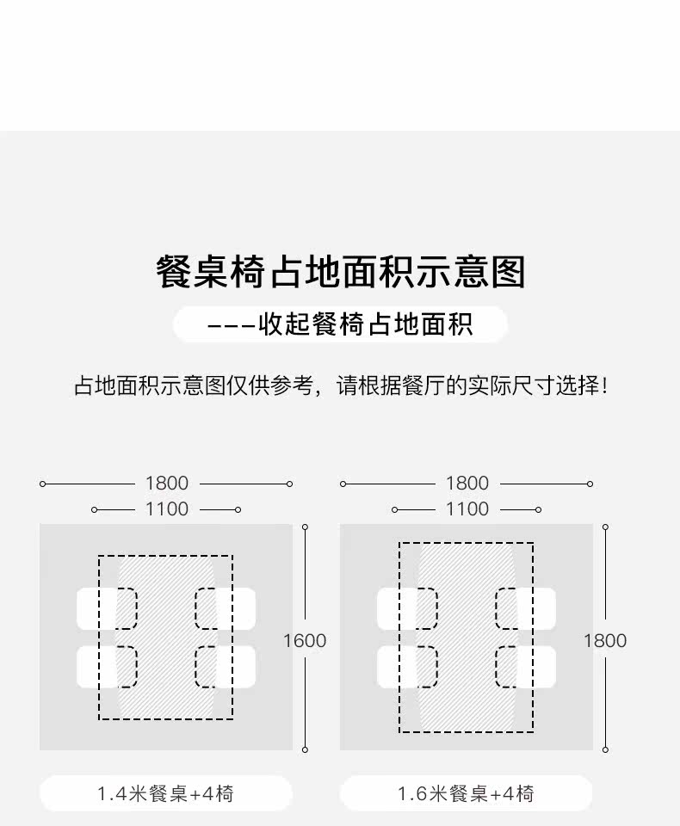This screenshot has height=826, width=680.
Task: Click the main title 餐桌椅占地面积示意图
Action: click(340, 272)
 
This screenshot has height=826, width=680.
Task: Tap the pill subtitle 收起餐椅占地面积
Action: click(340, 325)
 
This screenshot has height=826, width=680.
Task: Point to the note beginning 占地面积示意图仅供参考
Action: click(340, 385)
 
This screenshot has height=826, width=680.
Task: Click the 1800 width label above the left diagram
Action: click(166, 484)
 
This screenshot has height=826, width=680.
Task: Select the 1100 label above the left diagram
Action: click(166, 509)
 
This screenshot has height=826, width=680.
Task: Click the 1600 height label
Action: click(305, 640)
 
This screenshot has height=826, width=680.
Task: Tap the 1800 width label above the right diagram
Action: click(467, 484)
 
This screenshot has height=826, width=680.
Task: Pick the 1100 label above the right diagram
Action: click(467, 509)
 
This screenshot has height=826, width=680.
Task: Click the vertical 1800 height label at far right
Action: click(605, 640)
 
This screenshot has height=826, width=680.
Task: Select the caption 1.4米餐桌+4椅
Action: click(165, 793)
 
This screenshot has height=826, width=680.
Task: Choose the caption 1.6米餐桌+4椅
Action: click(466, 793)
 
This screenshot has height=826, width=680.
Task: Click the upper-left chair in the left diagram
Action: click(106, 608)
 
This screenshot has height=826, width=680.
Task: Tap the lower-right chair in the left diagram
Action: click(226, 667)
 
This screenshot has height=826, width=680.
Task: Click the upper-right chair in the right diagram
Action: click(526, 608)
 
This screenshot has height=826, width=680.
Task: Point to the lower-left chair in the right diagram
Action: click(406, 667)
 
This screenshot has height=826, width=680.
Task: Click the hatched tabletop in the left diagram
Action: click(166, 637)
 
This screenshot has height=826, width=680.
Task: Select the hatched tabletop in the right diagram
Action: click(467, 637)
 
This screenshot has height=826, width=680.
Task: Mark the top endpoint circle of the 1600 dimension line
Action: click(305, 527)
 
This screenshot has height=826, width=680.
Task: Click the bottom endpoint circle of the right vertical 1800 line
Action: click(605, 750)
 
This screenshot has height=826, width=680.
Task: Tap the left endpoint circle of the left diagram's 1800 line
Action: click(42, 484)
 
